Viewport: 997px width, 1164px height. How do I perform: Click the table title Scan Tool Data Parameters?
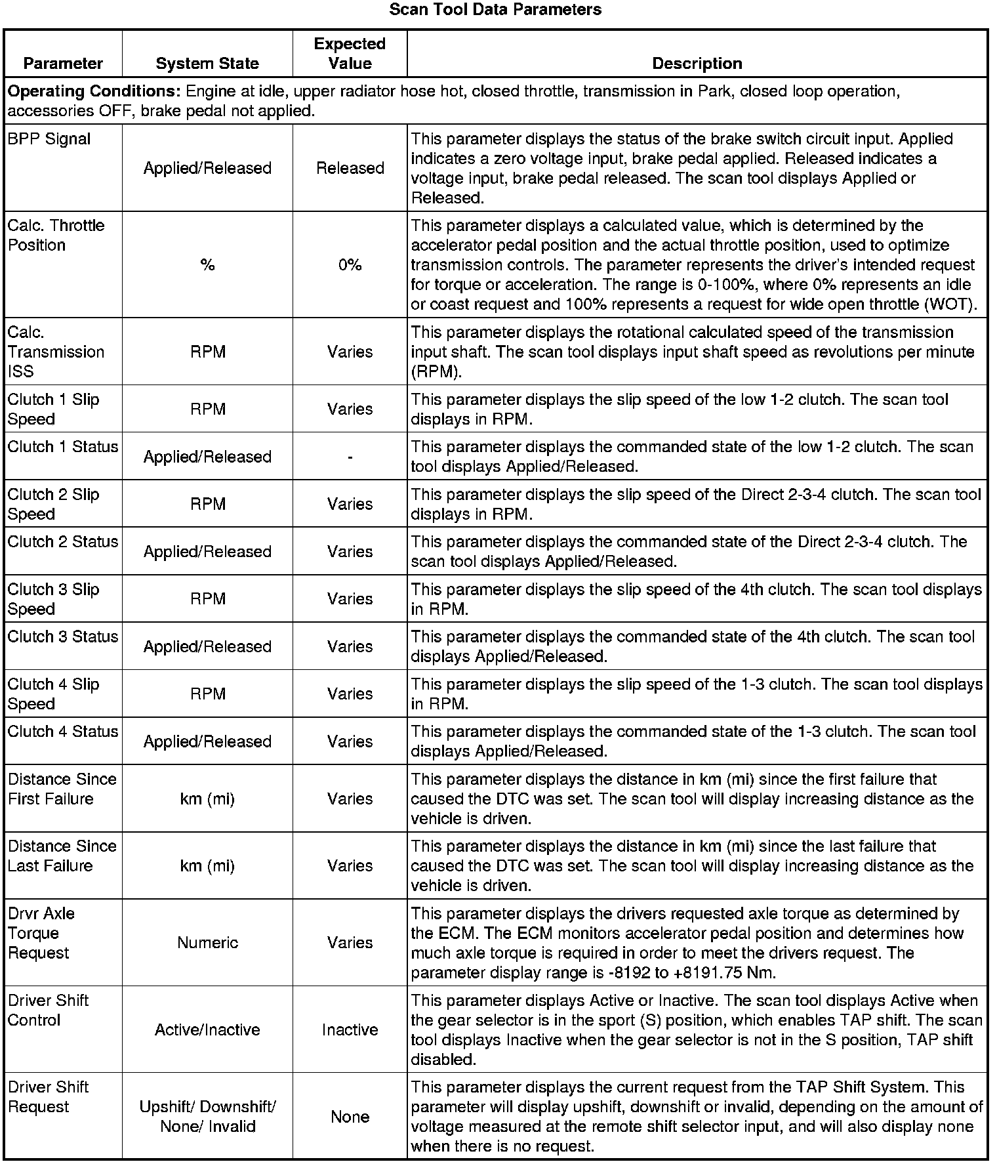(495, 10)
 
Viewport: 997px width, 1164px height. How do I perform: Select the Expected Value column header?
(350, 54)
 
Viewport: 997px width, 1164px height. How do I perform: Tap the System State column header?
(207, 64)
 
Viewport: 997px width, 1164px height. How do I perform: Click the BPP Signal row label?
(49, 139)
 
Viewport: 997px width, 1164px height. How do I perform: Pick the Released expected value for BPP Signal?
(350, 169)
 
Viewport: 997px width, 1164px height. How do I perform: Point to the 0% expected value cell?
(350, 265)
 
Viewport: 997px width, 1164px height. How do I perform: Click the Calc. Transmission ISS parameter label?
(56, 352)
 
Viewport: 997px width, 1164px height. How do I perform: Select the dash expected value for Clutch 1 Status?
(350, 457)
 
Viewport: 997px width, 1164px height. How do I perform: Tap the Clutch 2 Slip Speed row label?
(53, 504)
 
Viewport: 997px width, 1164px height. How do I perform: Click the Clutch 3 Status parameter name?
(63, 637)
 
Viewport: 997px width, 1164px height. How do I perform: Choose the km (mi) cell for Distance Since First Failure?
(207, 799)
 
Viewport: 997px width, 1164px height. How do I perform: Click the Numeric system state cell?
(207, 943)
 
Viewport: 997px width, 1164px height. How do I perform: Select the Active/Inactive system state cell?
(207, 1030)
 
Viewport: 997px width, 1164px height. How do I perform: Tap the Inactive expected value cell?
(350, 1030)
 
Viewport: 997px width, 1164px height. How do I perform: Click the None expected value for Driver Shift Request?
(350, 1117)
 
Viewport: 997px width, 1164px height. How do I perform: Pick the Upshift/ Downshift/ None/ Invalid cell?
(207, 1117)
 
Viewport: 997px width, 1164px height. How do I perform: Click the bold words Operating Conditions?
(94, 92)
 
